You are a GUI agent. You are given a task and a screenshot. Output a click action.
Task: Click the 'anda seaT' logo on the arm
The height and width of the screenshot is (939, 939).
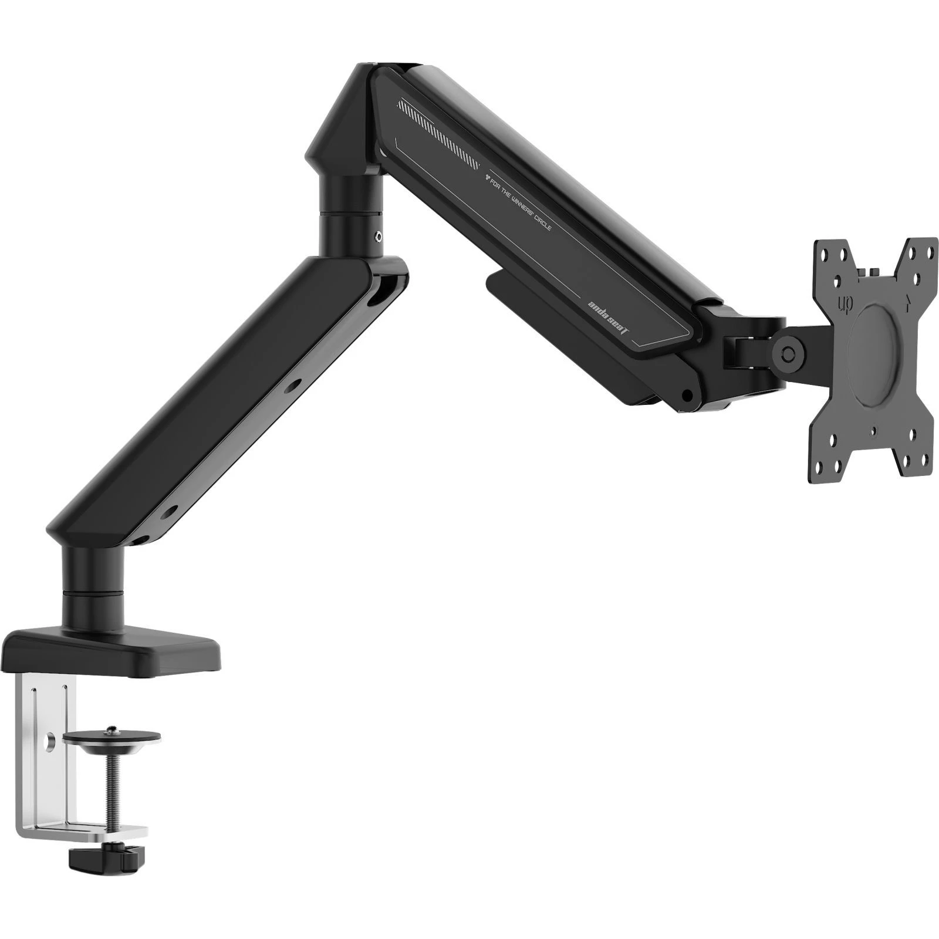pyautogui.click(x=609, y=316)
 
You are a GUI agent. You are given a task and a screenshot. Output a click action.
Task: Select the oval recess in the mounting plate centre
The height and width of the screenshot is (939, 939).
pyautogui.click(x=875, y=354)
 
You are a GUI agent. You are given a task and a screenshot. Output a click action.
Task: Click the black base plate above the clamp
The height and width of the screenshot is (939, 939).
pyautogui.click(x=112, y=651)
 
